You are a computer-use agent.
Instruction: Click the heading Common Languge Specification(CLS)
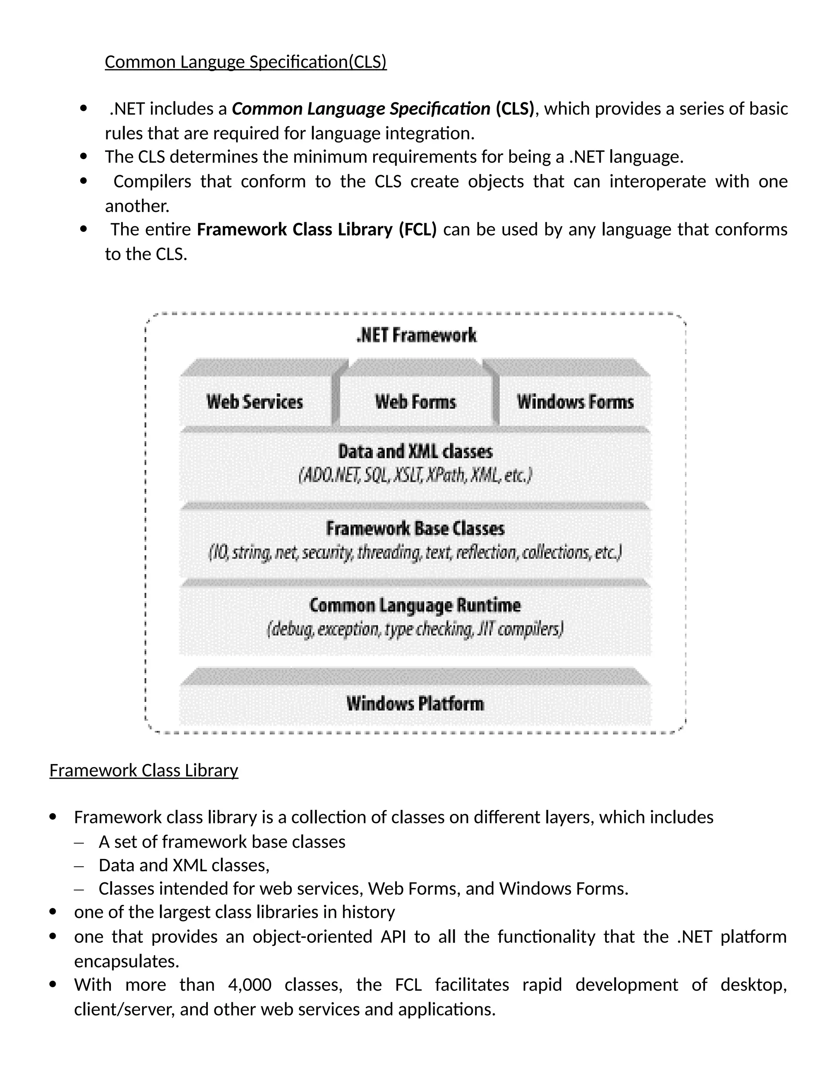(x=245, y=62)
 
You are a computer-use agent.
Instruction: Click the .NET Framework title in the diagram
(x=416, y=335)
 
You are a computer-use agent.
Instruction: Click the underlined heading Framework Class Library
(x=144, y=770)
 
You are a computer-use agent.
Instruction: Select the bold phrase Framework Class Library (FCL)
(x=317, y=229)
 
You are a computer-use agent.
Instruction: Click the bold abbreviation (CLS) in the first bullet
(x=514, y=109)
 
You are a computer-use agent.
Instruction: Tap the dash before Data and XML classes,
(x=79, y=866)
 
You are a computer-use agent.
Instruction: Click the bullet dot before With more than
(x=54, y=984)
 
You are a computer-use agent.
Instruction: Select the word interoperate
(x=657, y=182)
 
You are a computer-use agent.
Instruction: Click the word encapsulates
(x=126, y=961)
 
